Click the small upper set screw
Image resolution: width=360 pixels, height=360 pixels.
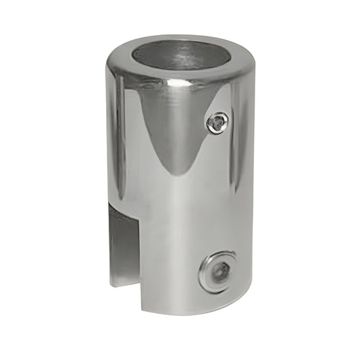[217, 122]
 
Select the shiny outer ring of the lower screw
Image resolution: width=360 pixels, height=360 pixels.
[205, 277]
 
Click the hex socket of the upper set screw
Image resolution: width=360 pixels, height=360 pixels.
[217, 122]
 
